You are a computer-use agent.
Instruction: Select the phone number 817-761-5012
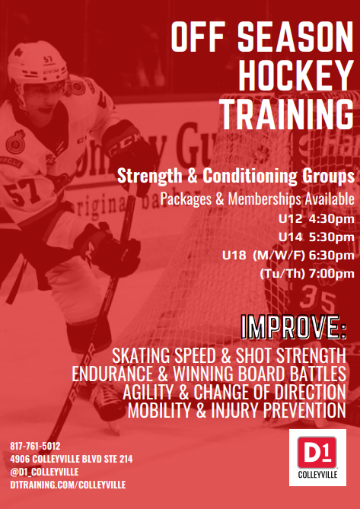coord(35,446)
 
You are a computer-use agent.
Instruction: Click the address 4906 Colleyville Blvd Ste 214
coord(71,459)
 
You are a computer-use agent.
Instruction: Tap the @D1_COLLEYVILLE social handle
coord(44,472)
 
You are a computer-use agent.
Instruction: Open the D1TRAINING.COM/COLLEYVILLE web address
coord(68,485)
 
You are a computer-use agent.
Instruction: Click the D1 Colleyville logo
coord(317,457)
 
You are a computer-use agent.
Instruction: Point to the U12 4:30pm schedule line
coord(316,219)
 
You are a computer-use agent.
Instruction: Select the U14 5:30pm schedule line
coord(316,237)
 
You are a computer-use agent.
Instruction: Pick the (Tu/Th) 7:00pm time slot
coord(307,274)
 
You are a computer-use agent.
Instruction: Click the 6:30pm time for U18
coord(331,256)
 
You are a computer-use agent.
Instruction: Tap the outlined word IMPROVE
coord(294,329)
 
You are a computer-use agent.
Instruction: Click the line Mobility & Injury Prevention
coord(237,411)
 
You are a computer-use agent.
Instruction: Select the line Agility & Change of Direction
coord(234,392)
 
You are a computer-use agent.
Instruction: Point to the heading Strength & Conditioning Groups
coord(236,177)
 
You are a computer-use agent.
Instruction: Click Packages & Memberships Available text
coord(257,199)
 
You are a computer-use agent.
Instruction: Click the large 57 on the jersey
coord(22,193)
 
